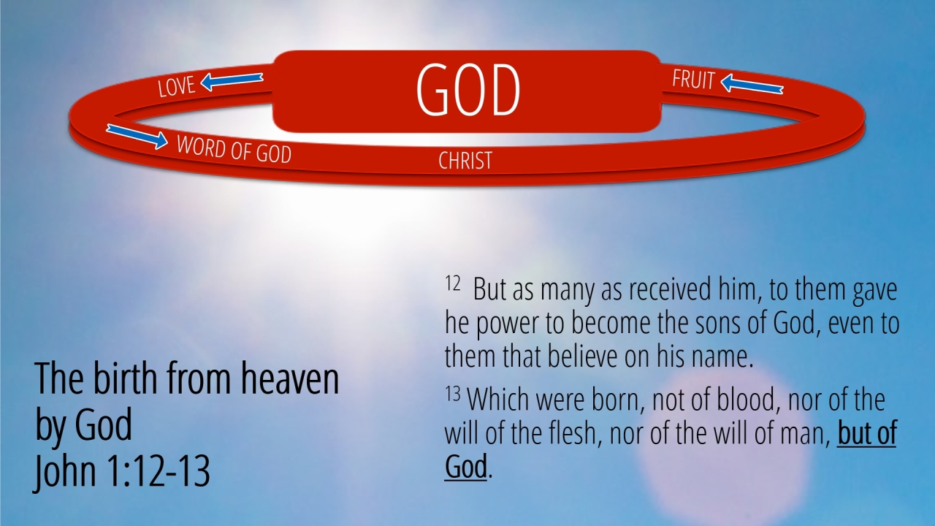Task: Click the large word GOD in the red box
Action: tap(468, 90)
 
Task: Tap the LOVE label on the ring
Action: tap(176, 87)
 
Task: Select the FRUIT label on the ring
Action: tap(693, 80)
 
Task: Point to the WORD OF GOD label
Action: tap(234, 150)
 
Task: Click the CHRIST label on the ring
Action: tap(465, 161)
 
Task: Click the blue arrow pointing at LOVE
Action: tap(232, 82)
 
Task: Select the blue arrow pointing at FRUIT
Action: tap(752, 83)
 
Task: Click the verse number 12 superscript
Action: tap(452, 283)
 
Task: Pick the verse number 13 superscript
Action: tap(452, 394)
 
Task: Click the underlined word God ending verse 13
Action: tap(466, 466)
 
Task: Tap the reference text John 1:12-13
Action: tap(121, 472)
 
